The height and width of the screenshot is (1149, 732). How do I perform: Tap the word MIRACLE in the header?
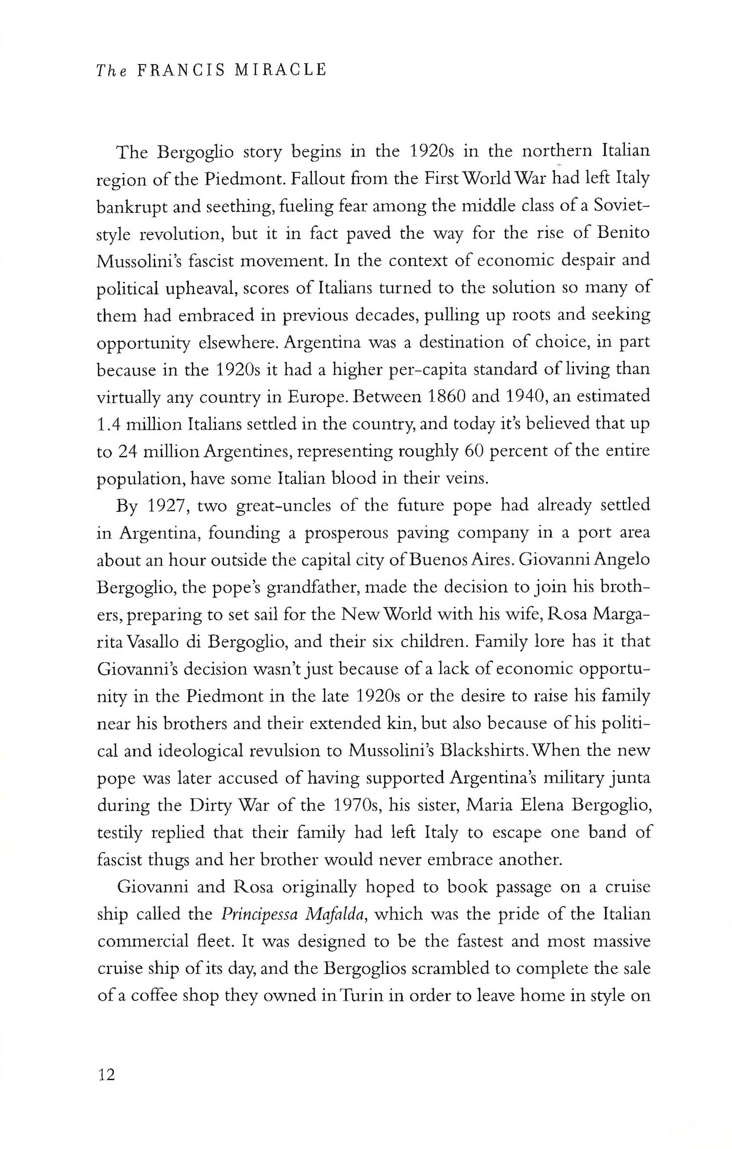click(x=280, y=70)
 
